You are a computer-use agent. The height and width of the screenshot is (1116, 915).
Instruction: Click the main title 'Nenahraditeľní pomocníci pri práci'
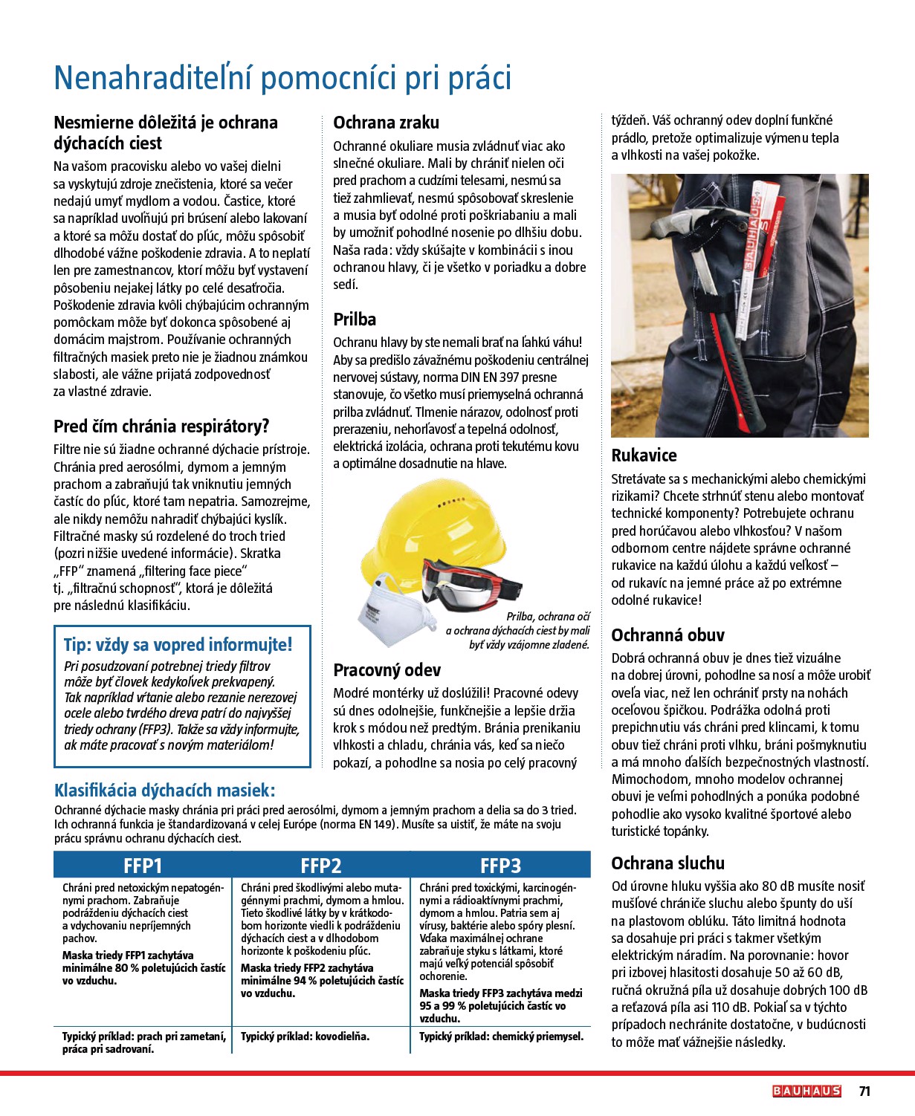click(282, 78)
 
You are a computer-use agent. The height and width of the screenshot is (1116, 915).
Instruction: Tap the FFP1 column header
click(143, 866)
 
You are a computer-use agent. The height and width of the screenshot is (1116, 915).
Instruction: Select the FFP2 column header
click(321, 866)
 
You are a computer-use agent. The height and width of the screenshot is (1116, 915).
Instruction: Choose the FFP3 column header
click(500, 866)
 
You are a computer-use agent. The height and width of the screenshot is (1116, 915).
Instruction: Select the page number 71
click(864, 1091)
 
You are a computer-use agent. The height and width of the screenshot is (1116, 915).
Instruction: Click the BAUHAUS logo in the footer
click(806, 1091)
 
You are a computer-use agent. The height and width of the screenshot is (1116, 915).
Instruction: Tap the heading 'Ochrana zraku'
click(386, 123)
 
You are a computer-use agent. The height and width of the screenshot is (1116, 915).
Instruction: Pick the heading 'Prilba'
click(355, 319)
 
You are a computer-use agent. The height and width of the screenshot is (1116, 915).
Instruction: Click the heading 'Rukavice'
click(644, 455)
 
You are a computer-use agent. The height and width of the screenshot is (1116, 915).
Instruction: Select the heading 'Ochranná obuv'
click(667, 635)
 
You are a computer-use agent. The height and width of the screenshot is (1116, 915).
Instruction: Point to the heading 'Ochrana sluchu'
click(667, 863)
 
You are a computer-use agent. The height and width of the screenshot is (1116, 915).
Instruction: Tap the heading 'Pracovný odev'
click(387, 670)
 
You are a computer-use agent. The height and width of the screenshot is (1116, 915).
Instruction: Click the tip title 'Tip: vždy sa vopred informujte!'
click(178, 645)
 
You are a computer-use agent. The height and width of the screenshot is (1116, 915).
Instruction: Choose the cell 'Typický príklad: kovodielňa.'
click(305, 1036)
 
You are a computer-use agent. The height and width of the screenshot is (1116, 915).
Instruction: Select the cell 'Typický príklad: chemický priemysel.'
click(501, 1036)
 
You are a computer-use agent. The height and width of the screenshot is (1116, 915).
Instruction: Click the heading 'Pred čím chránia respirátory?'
click(161, 426)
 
